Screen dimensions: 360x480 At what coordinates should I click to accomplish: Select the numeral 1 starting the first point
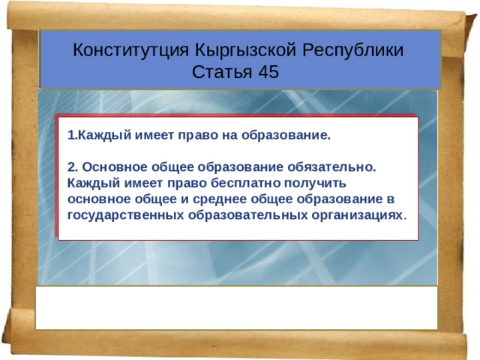pyautogui.click(x=70, y=136)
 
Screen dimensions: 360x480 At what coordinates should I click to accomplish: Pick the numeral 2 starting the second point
pyautogui.click(x=70, y=168)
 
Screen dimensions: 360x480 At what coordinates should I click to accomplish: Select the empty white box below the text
pyautogui.click(x=236, y=307)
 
